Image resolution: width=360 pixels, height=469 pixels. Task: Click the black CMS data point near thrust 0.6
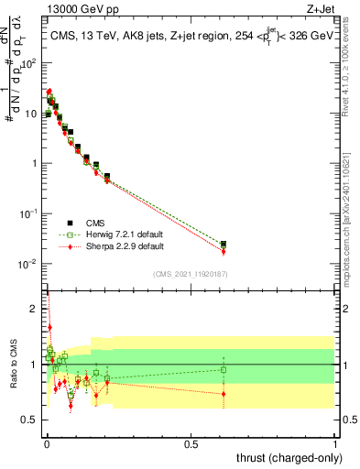[x=224, y=244]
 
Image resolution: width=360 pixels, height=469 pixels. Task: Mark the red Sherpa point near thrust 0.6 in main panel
[x=224, y=251]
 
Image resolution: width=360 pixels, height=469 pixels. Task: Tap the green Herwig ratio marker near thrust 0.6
[x=224, y=370]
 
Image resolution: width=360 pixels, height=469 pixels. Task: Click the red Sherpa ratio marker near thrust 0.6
[x=224, y=394]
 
